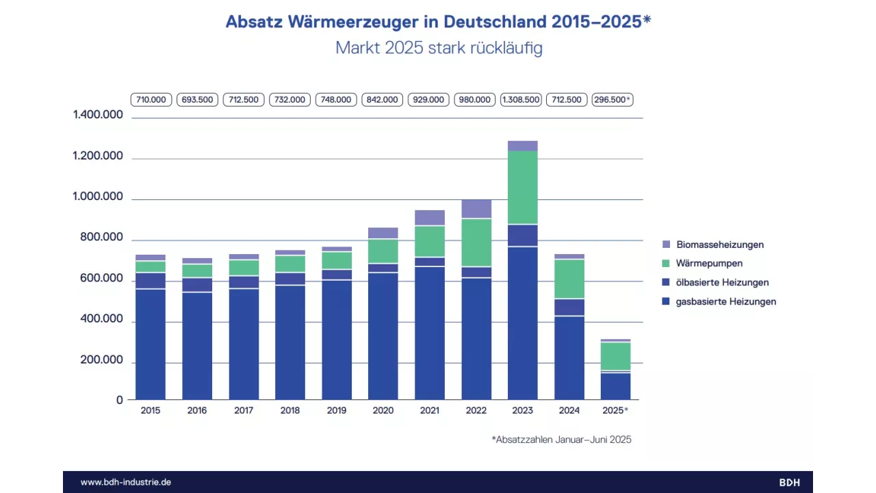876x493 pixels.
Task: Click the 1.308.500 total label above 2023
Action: pyautogui.click(x=521, y=100)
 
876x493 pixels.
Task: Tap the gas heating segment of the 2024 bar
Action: pyautogui.click(x=569, y=357)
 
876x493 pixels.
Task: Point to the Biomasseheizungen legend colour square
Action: pyautogui.click(x=667, y=244)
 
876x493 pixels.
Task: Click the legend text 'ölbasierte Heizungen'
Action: pyautogui.click(x=722, y=283)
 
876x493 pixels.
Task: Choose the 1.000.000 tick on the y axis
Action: pyautogui.click(x=98, y=197)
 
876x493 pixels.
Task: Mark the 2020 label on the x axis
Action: pyautogui.click(x=383, y=411)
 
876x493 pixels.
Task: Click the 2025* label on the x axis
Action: pyautogui.click(x=615, y=411)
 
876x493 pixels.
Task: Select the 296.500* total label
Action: pyautogui.click(x=613, y=100)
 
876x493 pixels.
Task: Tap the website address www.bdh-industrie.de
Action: pyautogui.click(x=126, y=482)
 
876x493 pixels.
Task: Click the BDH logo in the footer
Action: pyautogui.click(x=789, y=482)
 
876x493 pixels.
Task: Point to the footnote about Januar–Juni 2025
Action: pyautogui.click(x=561, y=440)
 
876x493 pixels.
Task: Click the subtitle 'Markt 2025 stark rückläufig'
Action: pyautogui.click(x=438, y=49)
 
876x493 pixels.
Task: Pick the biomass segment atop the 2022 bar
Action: pyautogui.click(x=476, y=209)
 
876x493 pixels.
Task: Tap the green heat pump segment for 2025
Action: pyautogui.click(x=616, y=356)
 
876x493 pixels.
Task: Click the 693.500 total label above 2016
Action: pyautogui.click(x=197, y=100)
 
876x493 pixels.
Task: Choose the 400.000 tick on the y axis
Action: pyautogui.click(x=98, y=320)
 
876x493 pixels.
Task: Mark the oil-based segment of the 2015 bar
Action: pyautogui.click(x=151, y=281)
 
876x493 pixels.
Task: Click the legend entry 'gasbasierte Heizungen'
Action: pyautogui.click(x=725, y=302)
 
